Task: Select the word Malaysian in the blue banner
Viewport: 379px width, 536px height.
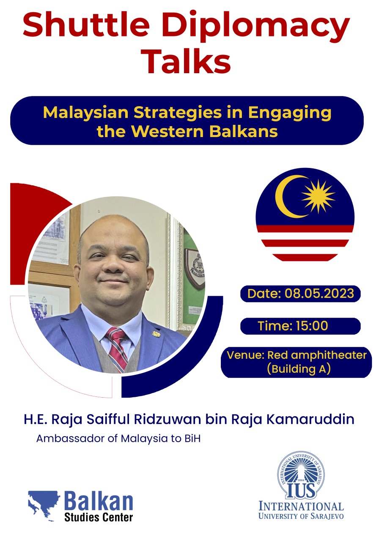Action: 86,113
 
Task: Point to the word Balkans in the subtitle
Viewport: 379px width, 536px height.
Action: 244,132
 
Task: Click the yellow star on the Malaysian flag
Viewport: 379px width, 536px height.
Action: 318,196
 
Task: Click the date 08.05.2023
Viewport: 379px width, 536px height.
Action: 319,293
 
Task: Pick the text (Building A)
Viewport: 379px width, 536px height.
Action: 299,369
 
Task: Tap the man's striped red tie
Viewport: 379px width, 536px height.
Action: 117,349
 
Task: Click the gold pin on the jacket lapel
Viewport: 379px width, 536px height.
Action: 156,334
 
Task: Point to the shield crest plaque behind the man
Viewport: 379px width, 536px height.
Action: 194,268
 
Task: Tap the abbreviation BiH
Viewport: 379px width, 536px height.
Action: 192,439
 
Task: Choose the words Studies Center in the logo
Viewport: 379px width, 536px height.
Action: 99,517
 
